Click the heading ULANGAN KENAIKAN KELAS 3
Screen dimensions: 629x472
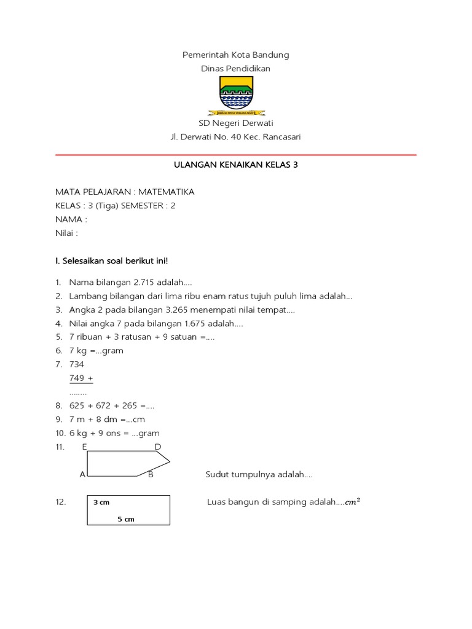(x=236, y=166)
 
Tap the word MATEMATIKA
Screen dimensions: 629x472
(x=168, y=192)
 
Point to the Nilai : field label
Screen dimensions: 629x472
(x=67, y=233)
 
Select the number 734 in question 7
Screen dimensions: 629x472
(x=77, y=364)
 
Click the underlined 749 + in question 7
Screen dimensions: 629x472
(x=81, y=378)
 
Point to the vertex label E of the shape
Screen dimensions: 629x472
(x=84, y=447)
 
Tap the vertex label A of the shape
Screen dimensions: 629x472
(x=82, y=474)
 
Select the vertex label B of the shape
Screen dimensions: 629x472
(x=151, y=474)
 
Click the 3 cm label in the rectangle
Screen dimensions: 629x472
(x=101, y=502)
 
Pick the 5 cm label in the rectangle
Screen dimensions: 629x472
(x=126, y=519)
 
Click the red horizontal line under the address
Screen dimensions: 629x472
(x=236, y=155)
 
